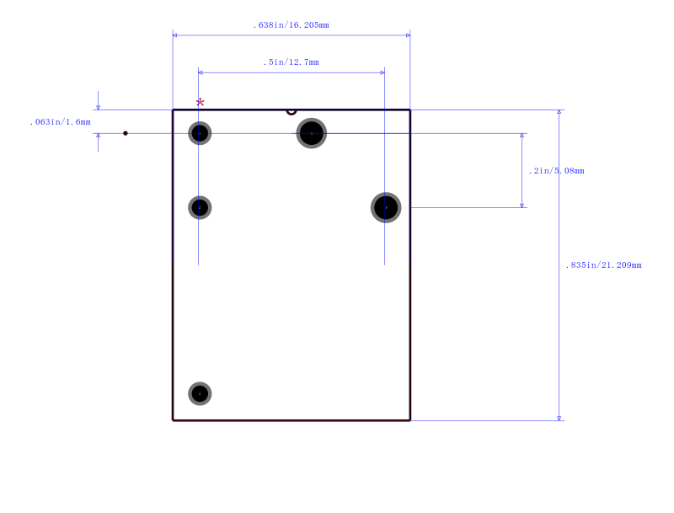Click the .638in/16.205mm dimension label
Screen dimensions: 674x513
[x=291, y=25]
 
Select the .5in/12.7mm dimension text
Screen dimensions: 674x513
[x=291, y=62]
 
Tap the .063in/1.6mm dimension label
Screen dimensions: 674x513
[x=60, y=122]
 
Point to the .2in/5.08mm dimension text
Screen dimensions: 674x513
[x=556, y=171]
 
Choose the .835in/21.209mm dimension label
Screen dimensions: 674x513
[x=603, y=265]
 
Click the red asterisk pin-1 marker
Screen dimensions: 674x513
[x=200, y=103]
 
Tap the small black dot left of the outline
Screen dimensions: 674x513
[x=126, y=133]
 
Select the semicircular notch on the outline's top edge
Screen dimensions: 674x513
[x=292, y=113]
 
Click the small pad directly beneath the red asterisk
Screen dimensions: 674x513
[x=200, y=133]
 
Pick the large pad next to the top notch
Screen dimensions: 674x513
[x=312, y=133]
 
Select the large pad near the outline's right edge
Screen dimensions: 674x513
[x=386, y=207]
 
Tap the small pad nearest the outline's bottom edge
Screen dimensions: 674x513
[x=200, y=393]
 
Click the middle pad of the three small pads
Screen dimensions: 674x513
[x=200, y=207]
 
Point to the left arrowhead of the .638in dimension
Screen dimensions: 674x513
[x=174, y=35]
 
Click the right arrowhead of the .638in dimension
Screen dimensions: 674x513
[x=408, y=35]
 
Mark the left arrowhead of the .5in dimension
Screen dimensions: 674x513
[x=201, y=72]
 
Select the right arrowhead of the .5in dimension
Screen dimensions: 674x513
[x=382, y=72]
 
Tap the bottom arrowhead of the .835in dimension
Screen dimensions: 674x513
[x=559, y=419]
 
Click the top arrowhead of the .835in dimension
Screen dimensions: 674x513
[x=559, y=112]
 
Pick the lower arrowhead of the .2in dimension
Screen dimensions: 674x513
[x=522, y=206]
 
